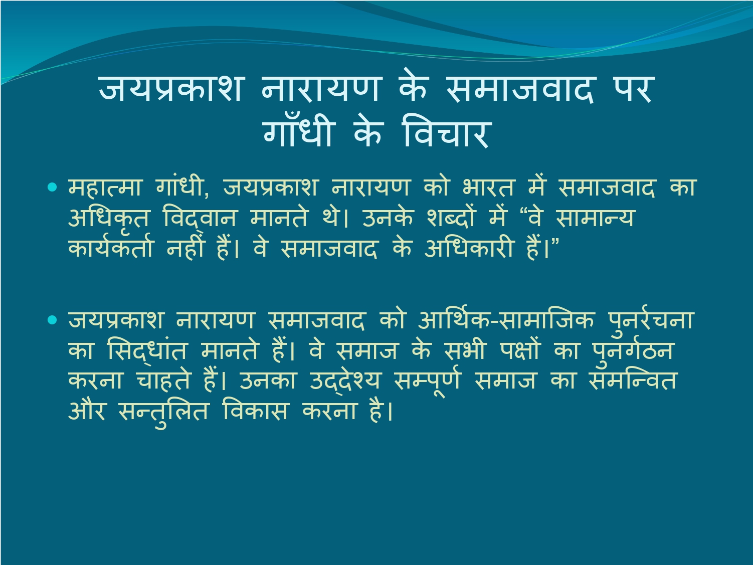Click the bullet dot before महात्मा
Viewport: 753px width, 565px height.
pos(52,187)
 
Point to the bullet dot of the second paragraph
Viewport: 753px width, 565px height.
pos(52,320)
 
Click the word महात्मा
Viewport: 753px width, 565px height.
pos(105,187)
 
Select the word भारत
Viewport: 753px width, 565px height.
pos(488,187)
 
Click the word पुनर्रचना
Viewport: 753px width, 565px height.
pos(651,320)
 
